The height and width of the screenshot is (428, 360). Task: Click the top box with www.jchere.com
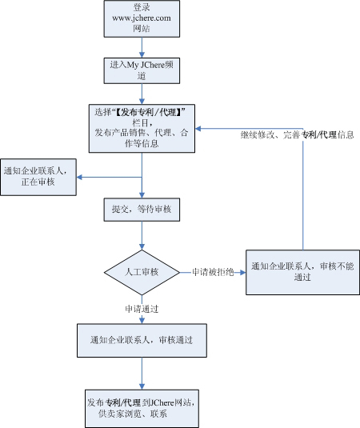pos(142,18)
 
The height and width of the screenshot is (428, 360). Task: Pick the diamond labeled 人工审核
pos(142,273)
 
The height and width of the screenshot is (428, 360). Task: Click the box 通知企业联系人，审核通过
pos(142,340)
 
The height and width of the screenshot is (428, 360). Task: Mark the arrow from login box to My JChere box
pos(142,46)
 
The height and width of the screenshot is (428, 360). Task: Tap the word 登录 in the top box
pos(142,6)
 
